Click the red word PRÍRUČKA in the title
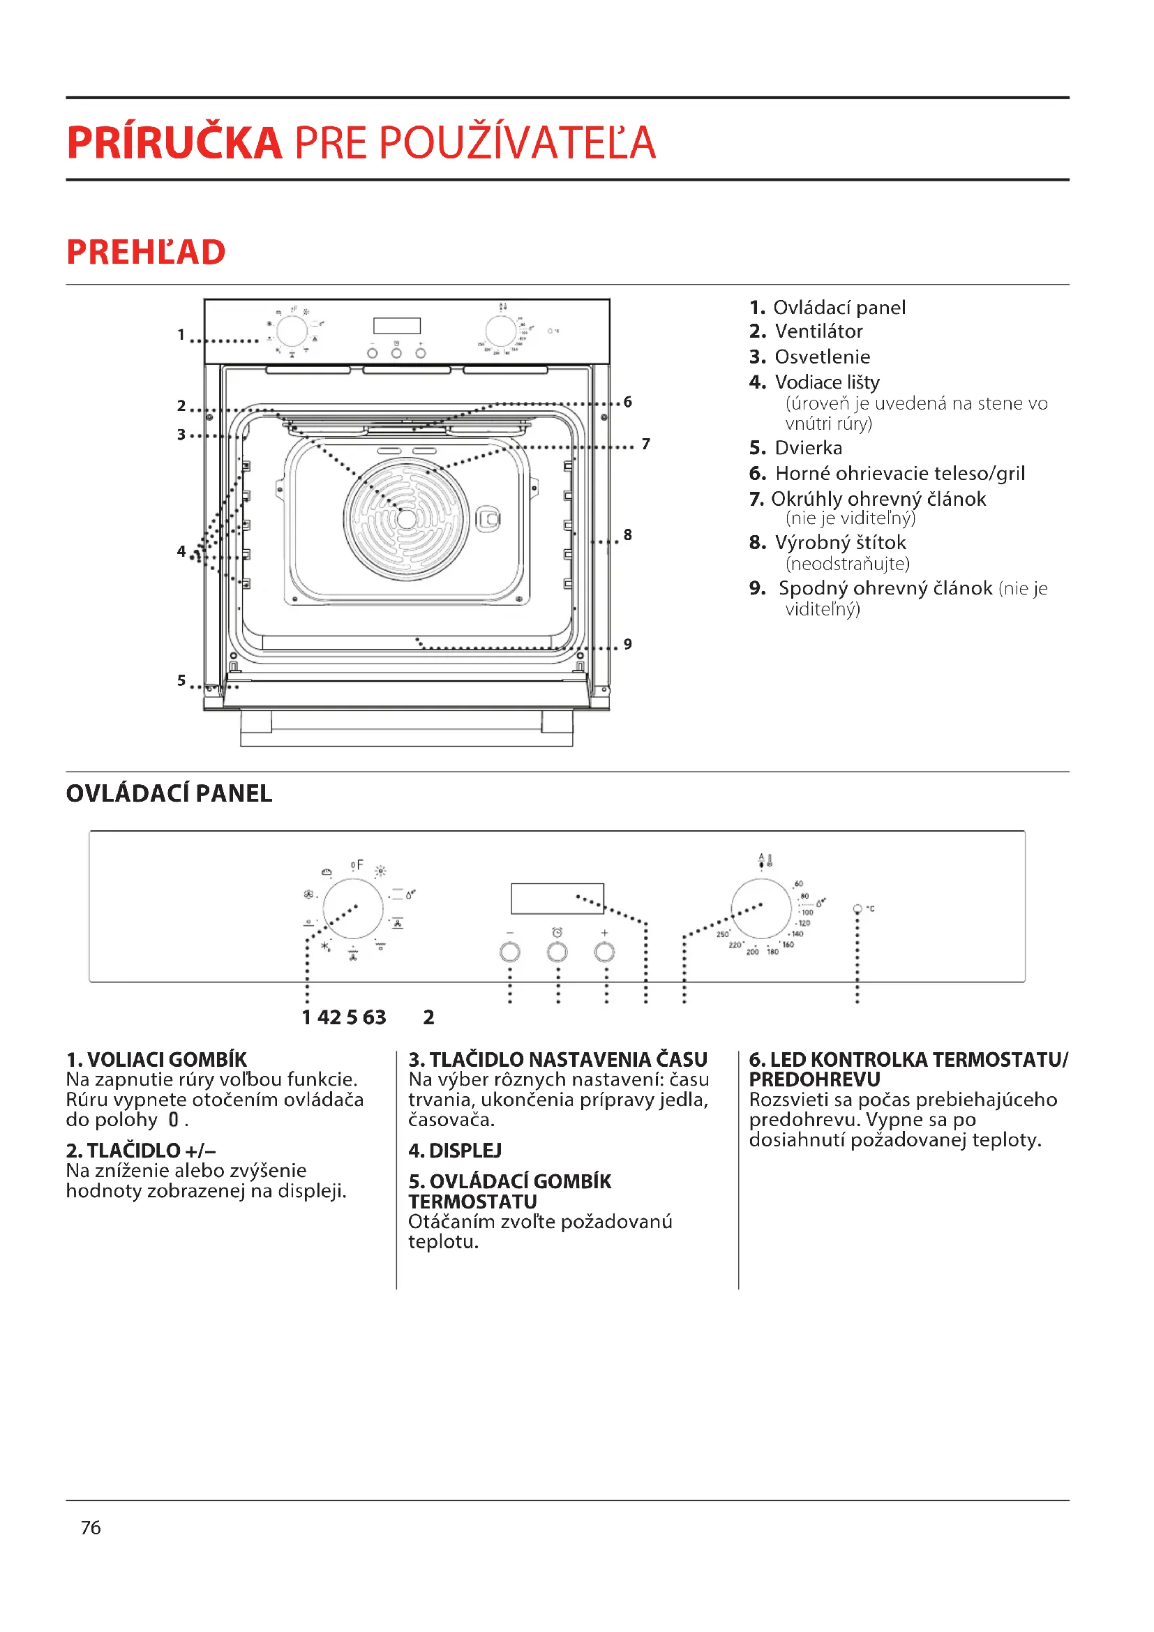tap(174, 143)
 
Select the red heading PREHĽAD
tap(146, 253)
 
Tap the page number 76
tap(91, 1527)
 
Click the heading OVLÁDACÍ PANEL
tap(169, 793)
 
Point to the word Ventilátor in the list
tap(818, 331)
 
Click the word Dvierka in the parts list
tap(808, 448)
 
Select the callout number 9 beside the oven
tap(627, 644)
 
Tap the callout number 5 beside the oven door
tap(181, 680)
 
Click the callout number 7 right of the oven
tap(645, 444)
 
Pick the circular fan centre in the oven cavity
tap(407, 519)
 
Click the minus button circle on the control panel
tap(509, 952)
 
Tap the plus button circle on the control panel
tap(604, 952)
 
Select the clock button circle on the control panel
tap(557, 952)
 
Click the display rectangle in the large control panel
tap(557, 899)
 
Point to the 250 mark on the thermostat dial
tap(722, 934)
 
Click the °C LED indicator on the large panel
tap(857, 909)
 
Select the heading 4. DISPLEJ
tap(455, 1150)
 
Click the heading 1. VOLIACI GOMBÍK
tap(156, 1060)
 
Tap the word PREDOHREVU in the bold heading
tap(814, 1079)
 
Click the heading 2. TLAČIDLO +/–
tap(141, 1150)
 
